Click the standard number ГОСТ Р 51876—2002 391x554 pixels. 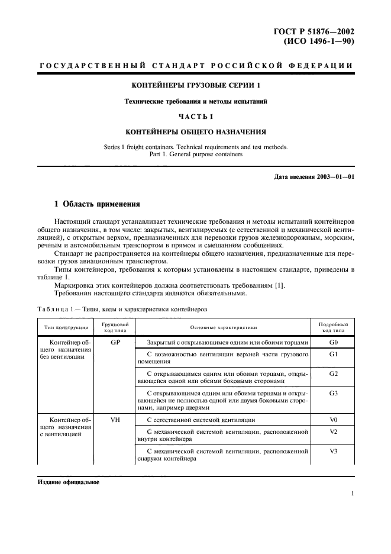(320, 32)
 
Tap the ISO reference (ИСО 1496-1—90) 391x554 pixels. (322, 42)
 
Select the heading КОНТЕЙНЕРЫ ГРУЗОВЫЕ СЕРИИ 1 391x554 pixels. (196, 86)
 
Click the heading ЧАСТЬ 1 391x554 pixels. (196, 117)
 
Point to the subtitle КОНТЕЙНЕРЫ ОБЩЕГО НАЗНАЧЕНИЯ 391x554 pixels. (196, 131)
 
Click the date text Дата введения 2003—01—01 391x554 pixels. (315, 177)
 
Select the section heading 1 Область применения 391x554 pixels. (97, 204)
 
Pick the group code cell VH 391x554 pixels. (115, 420)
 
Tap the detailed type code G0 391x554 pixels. (333, 343)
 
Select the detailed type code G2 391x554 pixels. (333, 374)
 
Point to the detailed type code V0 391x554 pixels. (333, 420)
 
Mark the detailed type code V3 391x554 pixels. (333, 452)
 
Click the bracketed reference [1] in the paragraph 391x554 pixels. (280, 286)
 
